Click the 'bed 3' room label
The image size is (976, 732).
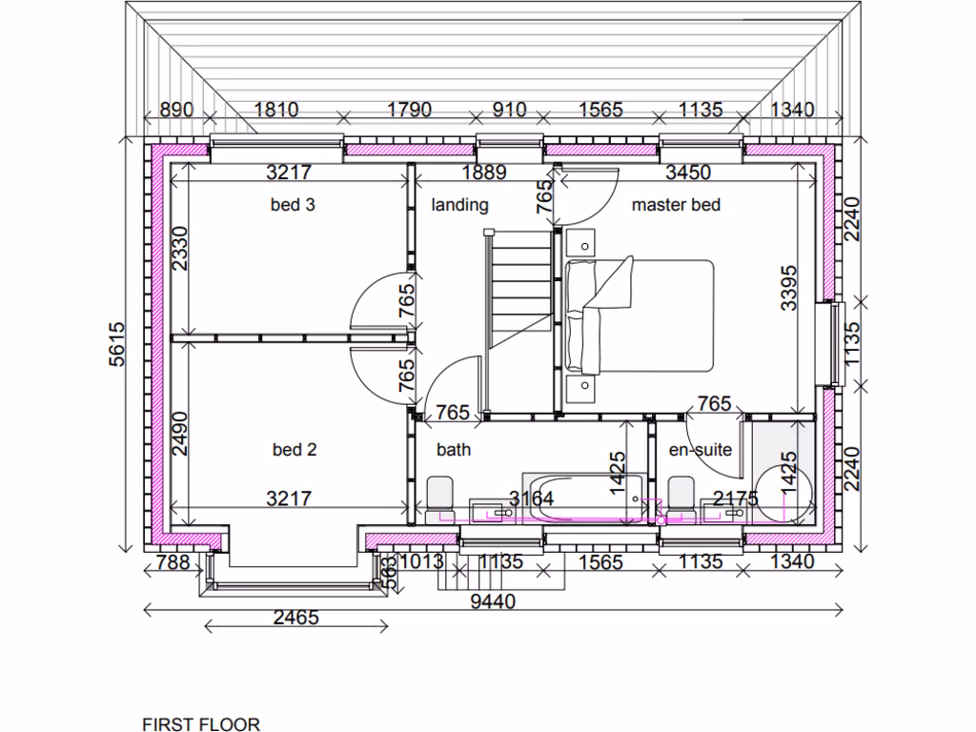(x=294, y=204)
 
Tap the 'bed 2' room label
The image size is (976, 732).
(x=294, y=450)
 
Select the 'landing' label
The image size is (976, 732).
(x=459, y=204)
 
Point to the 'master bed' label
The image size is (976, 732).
(x=676, y=204)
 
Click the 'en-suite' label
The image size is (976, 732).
(x=701, y=450)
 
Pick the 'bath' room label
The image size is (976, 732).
(x=454, y=450)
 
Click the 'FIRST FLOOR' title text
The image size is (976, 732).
(x=201, y=724)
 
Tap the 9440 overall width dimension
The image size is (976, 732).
(x=494, y=600)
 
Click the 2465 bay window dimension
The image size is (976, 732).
(x=295, y=618)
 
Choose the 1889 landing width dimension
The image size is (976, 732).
(x=483, y=173)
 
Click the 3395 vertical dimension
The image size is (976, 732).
(x=788, y=287)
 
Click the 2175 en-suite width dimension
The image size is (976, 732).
(x=736, y=498)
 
